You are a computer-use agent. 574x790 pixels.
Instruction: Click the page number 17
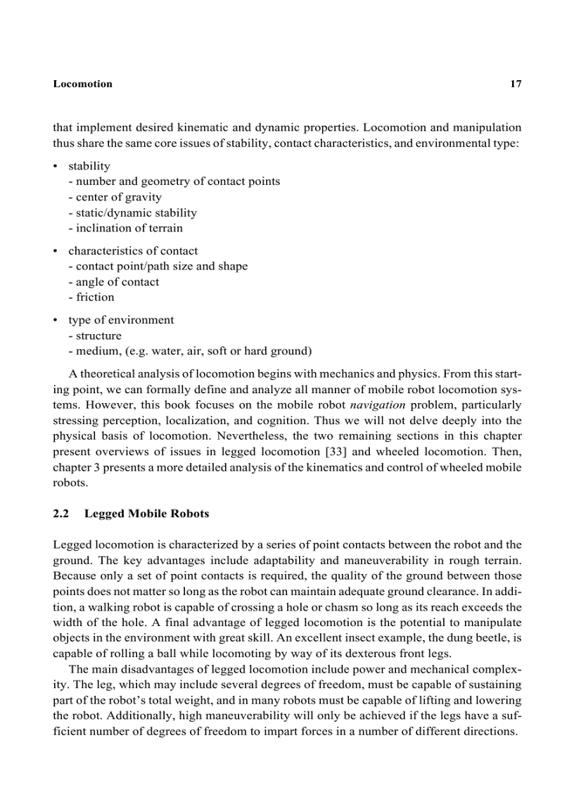pyautogui.click(x=515, y=84)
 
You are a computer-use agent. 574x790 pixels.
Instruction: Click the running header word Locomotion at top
pyautogui.click(x=82, y=84)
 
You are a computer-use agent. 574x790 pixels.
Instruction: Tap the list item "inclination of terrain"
pyautogui.click(x=125, y=228)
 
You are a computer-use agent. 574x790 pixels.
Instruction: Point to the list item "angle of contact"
pyautogui.click(x=114, y=281)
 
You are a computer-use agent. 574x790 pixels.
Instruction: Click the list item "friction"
pyautogui.click(x=91, y=297)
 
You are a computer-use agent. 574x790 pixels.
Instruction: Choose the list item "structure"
pyautogui.click(x=95, y=336)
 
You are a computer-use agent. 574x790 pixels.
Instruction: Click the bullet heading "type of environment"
pyautogui.click(x=121, y=320)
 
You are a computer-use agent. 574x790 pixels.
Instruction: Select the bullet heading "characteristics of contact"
pyautogui.click(x=133, y=251)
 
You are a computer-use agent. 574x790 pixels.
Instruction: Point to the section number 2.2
pyautogui.click(x=60, y=514)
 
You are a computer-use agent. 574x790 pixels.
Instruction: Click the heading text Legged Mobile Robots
pyautogui.click(x=146, y=514)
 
